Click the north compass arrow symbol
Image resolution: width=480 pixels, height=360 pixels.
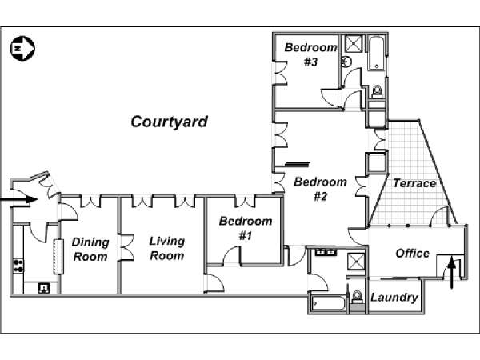click(22, 48)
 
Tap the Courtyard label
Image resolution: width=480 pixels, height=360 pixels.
click(170, 122)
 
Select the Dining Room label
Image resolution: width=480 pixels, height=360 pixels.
click(90, 250)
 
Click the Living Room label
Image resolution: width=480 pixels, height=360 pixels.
click(167, 248)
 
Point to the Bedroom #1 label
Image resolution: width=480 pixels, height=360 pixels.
click(246, 228)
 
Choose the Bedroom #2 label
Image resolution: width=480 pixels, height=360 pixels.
click(320, 189)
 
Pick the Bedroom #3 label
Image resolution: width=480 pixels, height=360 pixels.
click(310, 54)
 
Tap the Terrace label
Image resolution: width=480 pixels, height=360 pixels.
click(414, 183)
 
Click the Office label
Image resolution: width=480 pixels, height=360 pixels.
click(412, 253)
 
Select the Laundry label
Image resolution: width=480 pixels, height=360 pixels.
click(394, 298)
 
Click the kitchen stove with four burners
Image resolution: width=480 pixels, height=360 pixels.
click(18, 266)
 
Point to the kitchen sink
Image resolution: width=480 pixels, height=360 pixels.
click(44, 288)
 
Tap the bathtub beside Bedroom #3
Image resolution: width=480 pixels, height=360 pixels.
click(376, 53)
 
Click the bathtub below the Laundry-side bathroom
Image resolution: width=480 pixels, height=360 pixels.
click(327, 304)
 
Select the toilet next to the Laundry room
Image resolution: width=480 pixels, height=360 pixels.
click(357, 297)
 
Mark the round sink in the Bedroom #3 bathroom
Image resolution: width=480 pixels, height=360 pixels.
click(346, 62)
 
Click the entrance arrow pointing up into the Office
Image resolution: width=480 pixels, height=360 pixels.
click(451, 273)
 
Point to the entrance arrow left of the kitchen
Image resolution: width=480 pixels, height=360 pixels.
click(18, 200)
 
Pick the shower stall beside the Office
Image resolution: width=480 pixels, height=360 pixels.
click(356, 262)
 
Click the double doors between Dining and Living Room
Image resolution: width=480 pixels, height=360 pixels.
click(127, 247)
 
